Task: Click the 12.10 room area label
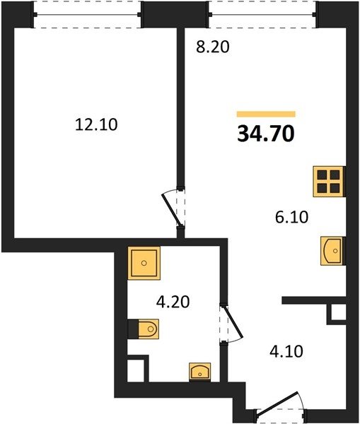click(x=96, y=125)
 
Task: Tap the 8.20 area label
click(x=213, y=47)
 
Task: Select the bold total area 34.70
click(x=266, y=134)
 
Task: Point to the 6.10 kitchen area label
click(x=291, y=217)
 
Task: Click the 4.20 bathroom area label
click(x=173, y=302)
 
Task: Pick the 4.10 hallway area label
click(x=286, y=352)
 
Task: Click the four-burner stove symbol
click(x=329, y=181)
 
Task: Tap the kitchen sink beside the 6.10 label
click(x=332, y=251)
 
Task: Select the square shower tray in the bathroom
click(x=144, y=263)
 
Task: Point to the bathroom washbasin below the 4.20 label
click(x=200, y=372)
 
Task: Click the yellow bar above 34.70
click(x=266, y=114)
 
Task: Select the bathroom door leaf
click(x=233, y=322)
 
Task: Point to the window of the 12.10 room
click(x=87, y=15)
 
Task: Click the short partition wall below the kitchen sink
click(x=314, y=300)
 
